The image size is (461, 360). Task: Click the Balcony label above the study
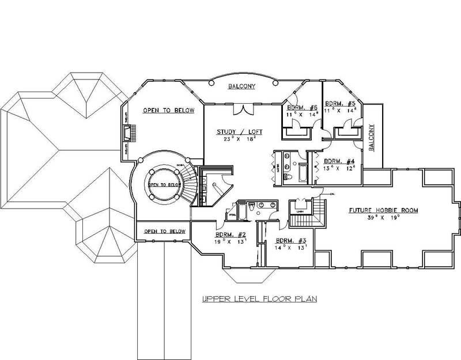[241, 86]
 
